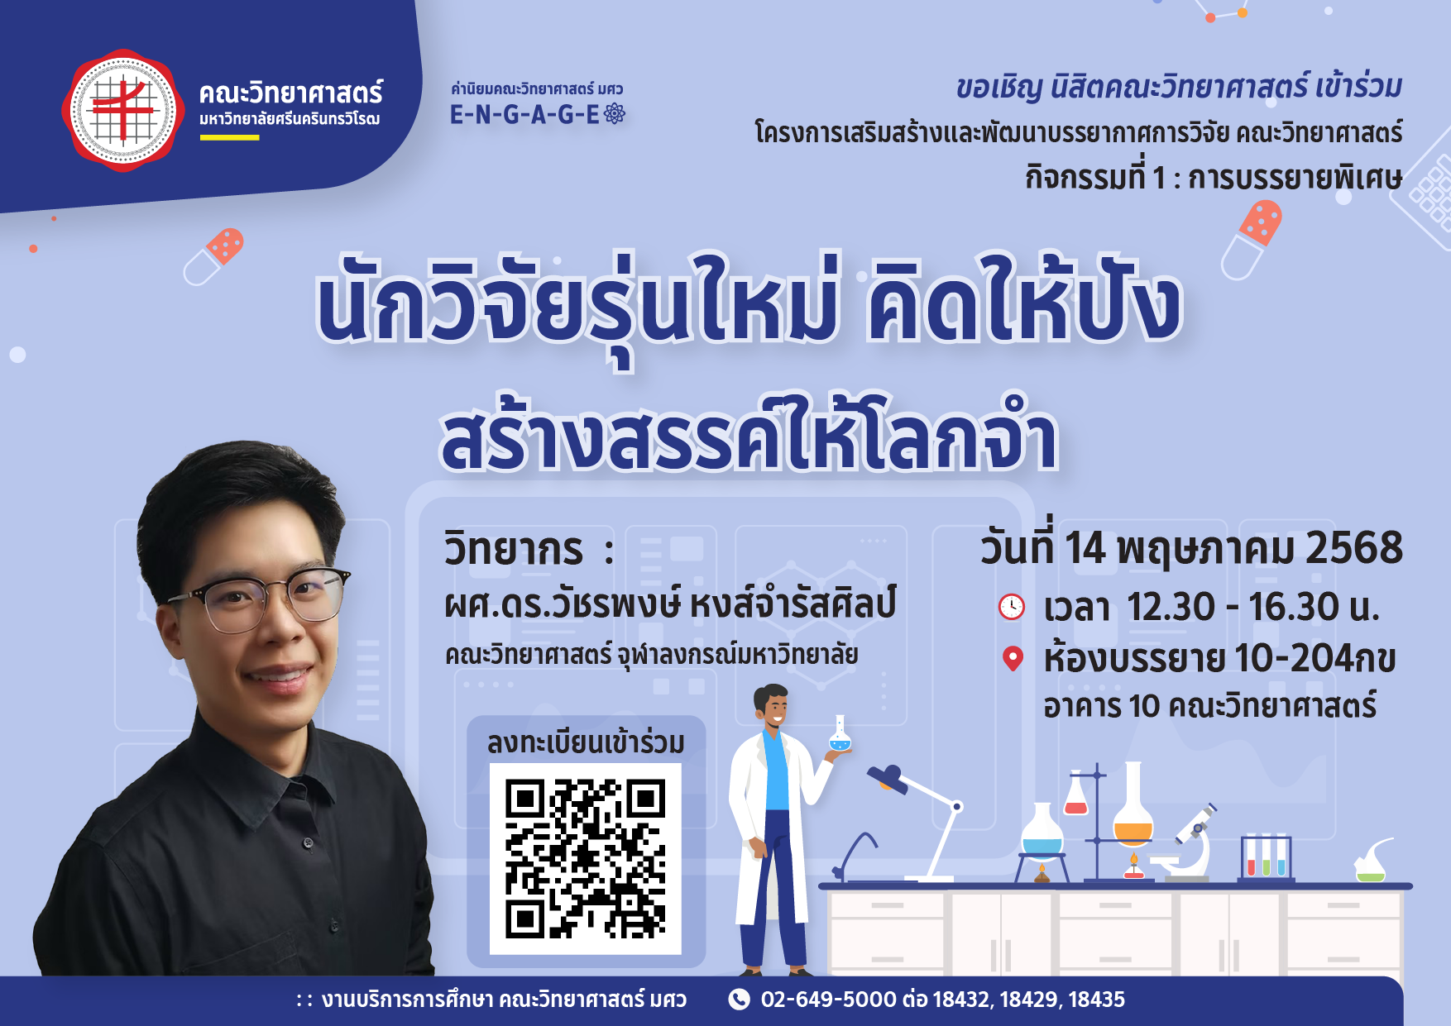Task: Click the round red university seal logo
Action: coord(122,110)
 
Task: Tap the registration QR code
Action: coord(586,859)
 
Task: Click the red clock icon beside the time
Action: coord(1011,607)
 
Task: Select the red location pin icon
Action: coord(1013,658)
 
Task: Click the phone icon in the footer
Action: coord(739,1000)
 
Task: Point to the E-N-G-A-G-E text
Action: coord(524,115)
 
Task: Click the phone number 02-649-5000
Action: coord(828,1000)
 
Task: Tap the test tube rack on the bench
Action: coord(1266,857)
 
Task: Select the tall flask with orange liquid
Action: coord(1133,806)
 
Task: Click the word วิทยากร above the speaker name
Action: coord(514,550)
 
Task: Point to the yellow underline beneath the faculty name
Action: coord(229,137)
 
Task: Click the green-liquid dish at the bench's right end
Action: coord(1371,863)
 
